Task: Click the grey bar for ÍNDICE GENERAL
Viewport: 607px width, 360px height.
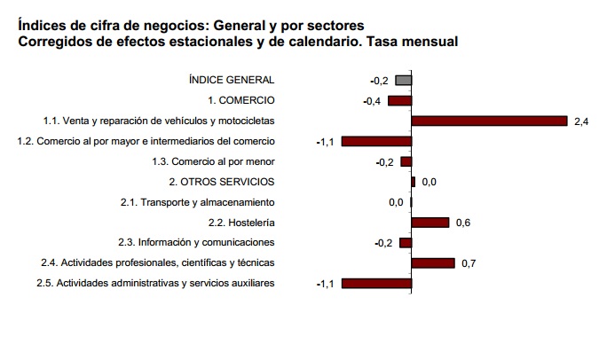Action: [x=404, y=81]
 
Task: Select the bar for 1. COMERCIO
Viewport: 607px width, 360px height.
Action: [x=400, y=101]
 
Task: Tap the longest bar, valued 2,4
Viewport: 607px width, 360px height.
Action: [x=489, y=121]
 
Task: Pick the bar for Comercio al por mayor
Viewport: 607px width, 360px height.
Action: [x=377, y=142]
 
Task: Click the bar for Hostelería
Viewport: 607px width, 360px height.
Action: [x=430, y=223]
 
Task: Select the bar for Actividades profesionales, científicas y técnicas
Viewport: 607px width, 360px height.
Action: [x=433, y=263]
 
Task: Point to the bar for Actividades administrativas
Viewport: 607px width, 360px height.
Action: [x=377, y=284]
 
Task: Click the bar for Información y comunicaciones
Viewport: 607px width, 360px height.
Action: [x=406, y=243]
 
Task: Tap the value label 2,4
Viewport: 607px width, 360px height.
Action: [x=581, y=121]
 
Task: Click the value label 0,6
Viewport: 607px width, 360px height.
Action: [x=462, y=223]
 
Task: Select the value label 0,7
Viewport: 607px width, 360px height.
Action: [x=469, y=263]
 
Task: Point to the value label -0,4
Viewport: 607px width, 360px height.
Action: [x=373, y=101]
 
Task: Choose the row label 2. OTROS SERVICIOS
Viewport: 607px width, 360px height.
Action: [x=227, y=181]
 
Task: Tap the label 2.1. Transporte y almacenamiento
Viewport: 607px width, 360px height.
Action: [x=197, y=201]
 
